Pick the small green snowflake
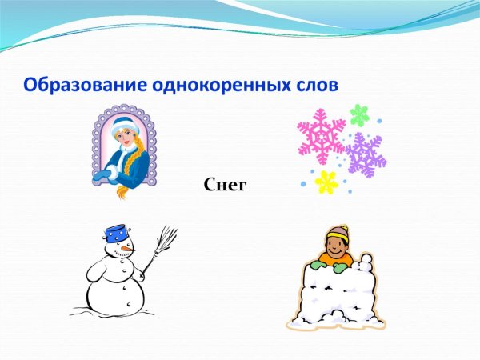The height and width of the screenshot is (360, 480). pyautogui.click(x=359, y=114)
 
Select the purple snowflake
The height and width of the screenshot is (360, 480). pyautogui.click(x=365, y=155)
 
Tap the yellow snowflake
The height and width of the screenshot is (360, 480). pyautogui.click(x=326, y=182)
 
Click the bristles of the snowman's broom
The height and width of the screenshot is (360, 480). pyautogui.click(x=166, y=237)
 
